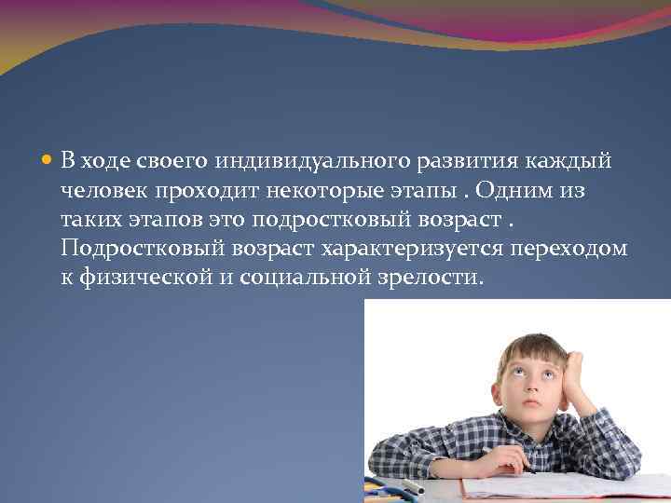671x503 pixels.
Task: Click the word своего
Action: click(x=174, y=161)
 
